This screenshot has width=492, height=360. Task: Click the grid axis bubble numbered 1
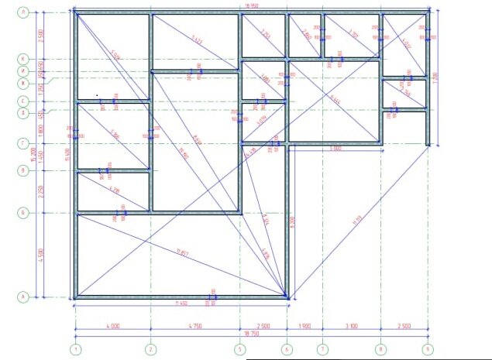click(75, 349)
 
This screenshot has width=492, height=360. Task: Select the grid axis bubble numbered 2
click(150, 349)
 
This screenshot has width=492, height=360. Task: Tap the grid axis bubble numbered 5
click(240, 349)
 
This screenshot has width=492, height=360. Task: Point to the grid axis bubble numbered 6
click(287, 349)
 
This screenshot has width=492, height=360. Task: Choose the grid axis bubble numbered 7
click(323, 349)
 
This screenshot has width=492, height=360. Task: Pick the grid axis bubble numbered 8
click(381, 349)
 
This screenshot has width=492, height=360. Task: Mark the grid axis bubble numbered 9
click(428, 349)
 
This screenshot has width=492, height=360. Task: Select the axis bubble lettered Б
click(24, 212)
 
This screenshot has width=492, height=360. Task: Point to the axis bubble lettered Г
click(24, 143)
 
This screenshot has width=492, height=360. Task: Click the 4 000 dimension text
click(112, 327)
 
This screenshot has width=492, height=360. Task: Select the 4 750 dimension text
click(195, 327)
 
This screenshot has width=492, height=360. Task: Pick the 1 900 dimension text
click(304, 327)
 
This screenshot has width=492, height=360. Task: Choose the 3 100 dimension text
click(352, 327)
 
